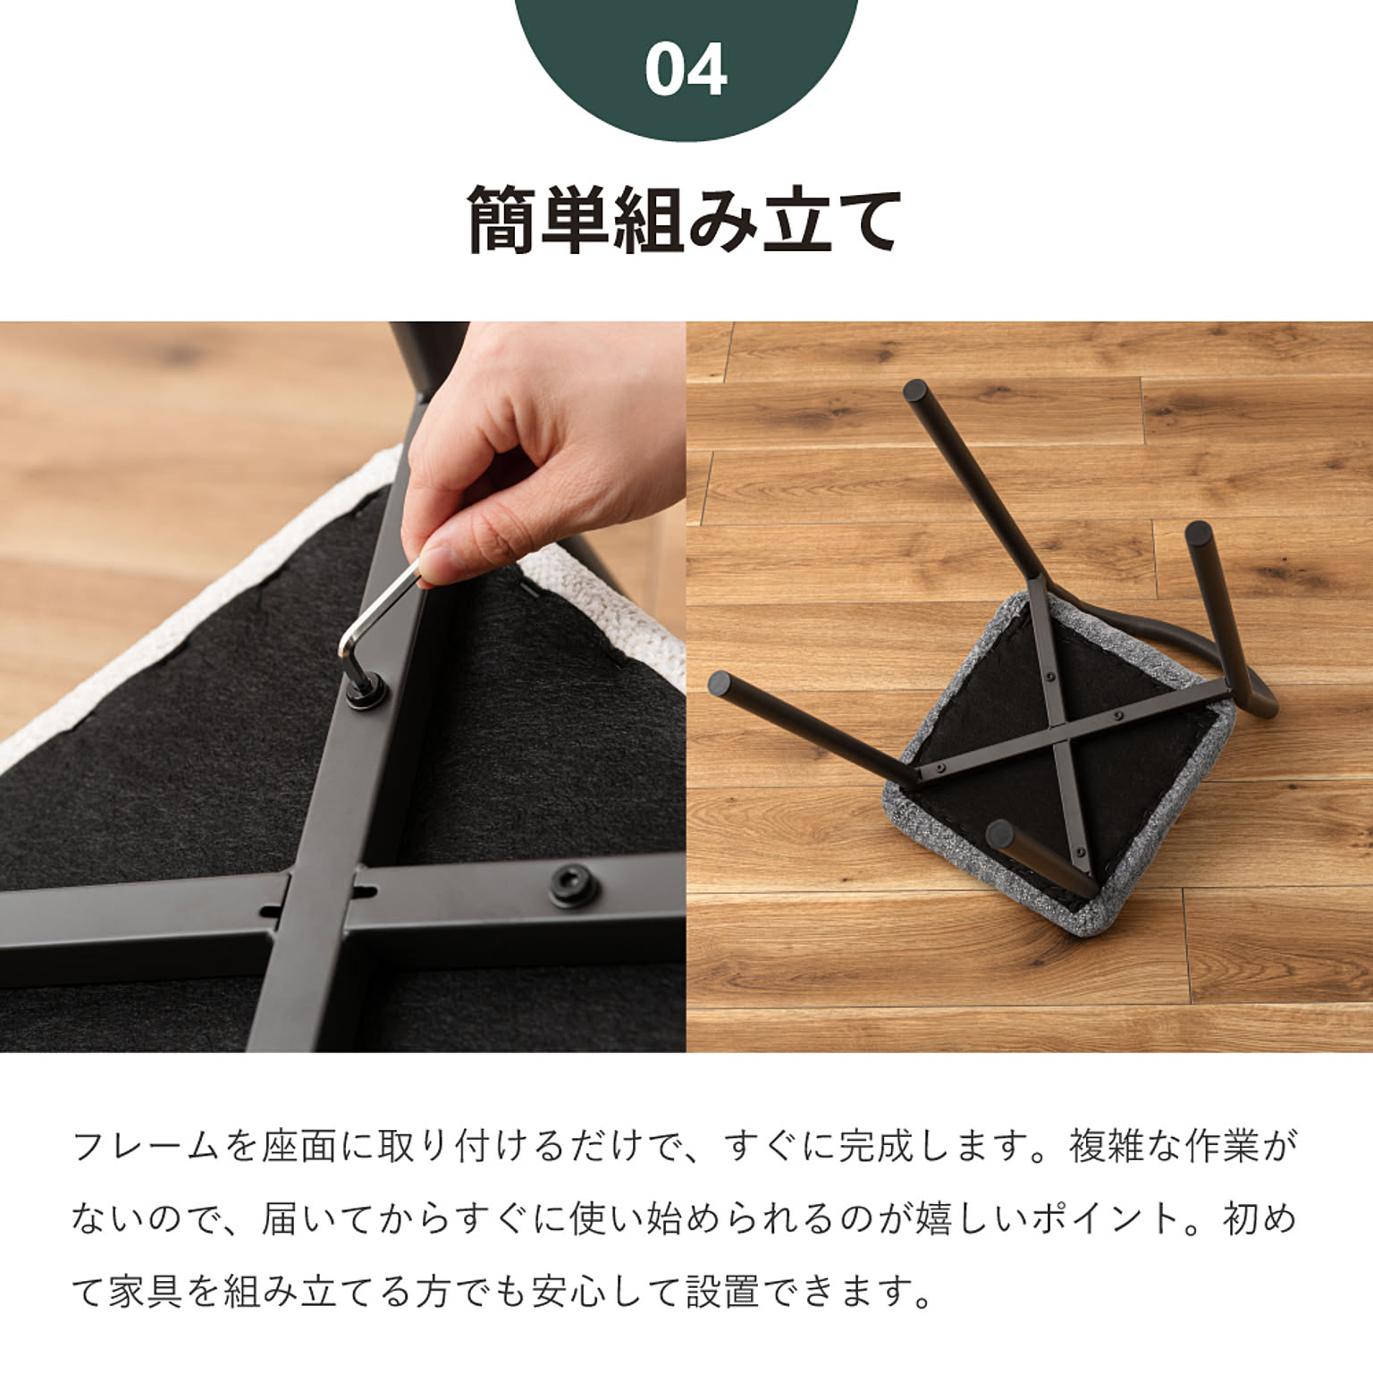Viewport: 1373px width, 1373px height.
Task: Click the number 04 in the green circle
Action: point(686,70)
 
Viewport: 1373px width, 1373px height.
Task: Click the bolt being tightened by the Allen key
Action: point(366,691)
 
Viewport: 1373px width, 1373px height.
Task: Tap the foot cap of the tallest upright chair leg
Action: point(916,391)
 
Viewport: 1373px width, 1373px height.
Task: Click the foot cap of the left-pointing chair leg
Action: point(720,684)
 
